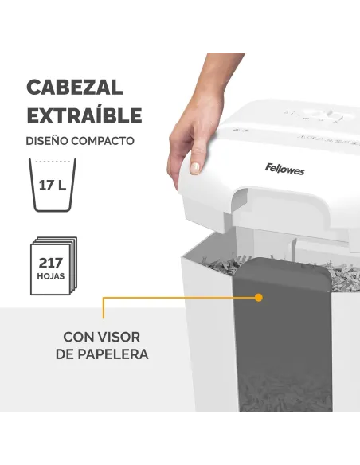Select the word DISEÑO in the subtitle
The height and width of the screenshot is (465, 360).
tap(49, 141)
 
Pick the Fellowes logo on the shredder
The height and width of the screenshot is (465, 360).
tap(284, 170)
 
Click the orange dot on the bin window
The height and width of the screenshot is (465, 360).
tap(259, 298)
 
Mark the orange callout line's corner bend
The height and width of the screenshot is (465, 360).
tap(104, 298)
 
